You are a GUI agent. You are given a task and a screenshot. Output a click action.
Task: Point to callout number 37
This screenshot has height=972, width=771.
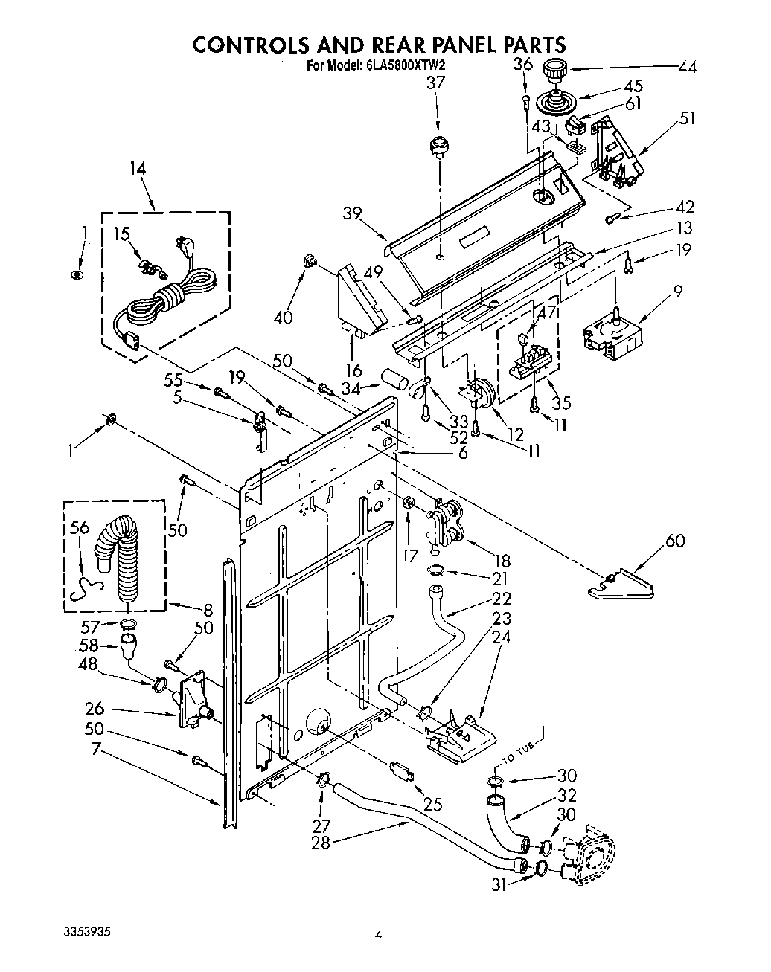pos(435,83)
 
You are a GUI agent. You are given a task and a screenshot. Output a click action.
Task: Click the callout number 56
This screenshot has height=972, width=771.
pos(80,527)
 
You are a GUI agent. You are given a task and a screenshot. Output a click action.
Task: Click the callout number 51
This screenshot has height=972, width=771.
pos(688,118)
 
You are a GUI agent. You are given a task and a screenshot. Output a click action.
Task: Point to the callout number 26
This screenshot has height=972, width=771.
pos(94,709)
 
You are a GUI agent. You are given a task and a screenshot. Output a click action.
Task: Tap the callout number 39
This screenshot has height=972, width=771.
pos(353,213)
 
